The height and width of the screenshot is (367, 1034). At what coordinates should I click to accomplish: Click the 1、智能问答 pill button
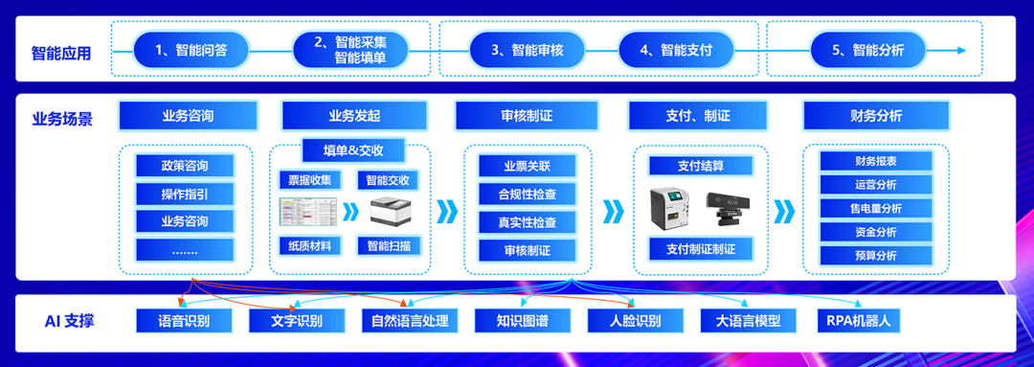coord(191,50)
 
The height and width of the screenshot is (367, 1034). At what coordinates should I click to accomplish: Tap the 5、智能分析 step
coord(866,50)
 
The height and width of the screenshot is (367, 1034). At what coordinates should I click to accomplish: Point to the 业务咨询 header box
coord(189,116)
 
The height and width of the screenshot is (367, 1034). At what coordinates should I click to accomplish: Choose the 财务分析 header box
coord(875,116)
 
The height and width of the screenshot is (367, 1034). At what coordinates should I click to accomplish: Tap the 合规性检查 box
coord(527,194)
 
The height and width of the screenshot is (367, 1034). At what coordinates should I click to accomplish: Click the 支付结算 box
coord(701,166)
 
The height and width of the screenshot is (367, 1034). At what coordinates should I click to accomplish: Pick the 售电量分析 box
coord(875,208)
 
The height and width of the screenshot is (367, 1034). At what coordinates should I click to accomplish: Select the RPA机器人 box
coord(858,320)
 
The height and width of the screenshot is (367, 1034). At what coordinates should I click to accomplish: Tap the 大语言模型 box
coord(748,320)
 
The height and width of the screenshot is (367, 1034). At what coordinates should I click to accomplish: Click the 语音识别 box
coord(185,320)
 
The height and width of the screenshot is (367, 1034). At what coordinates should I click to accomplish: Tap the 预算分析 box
coord(875,256)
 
